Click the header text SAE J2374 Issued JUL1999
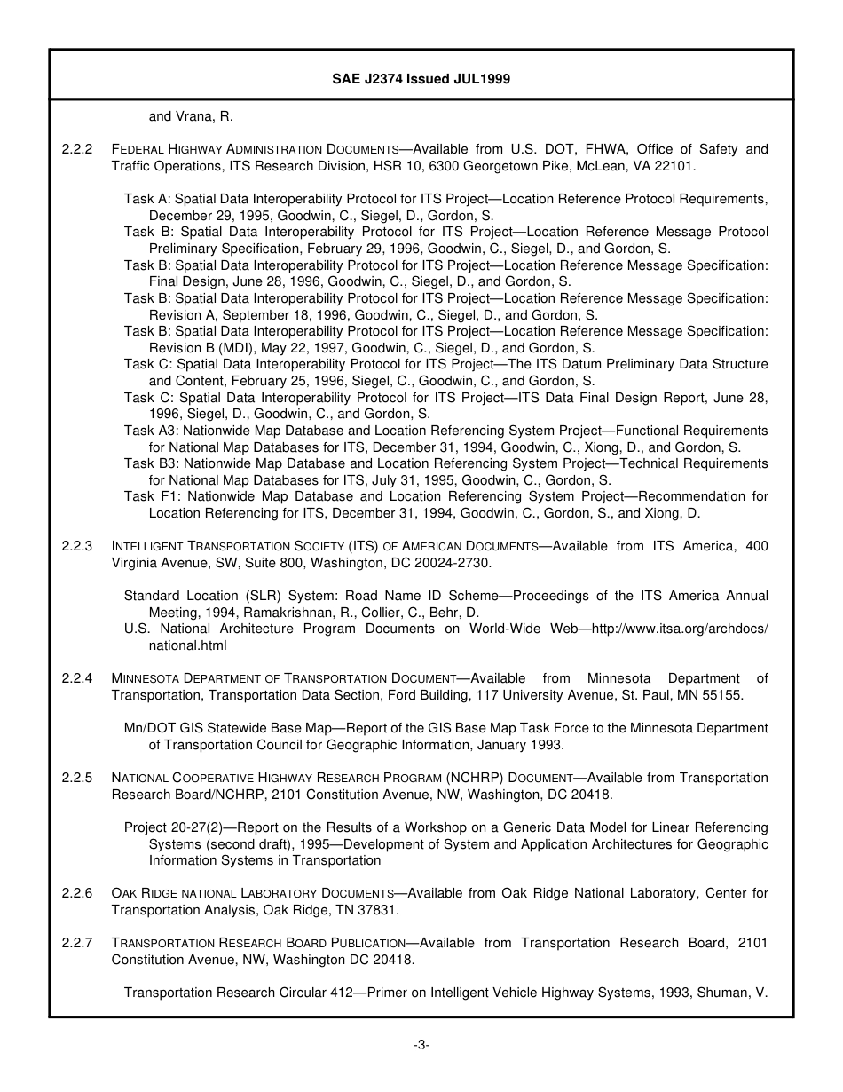point(421,79)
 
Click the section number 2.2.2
point(77,149)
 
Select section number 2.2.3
point(77,546)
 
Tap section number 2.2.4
point(77,678)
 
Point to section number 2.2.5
point(77,778)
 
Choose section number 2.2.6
point(77,893)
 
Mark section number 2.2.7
point(77,943)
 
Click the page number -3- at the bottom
point(421,1045)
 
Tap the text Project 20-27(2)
point(174,827)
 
